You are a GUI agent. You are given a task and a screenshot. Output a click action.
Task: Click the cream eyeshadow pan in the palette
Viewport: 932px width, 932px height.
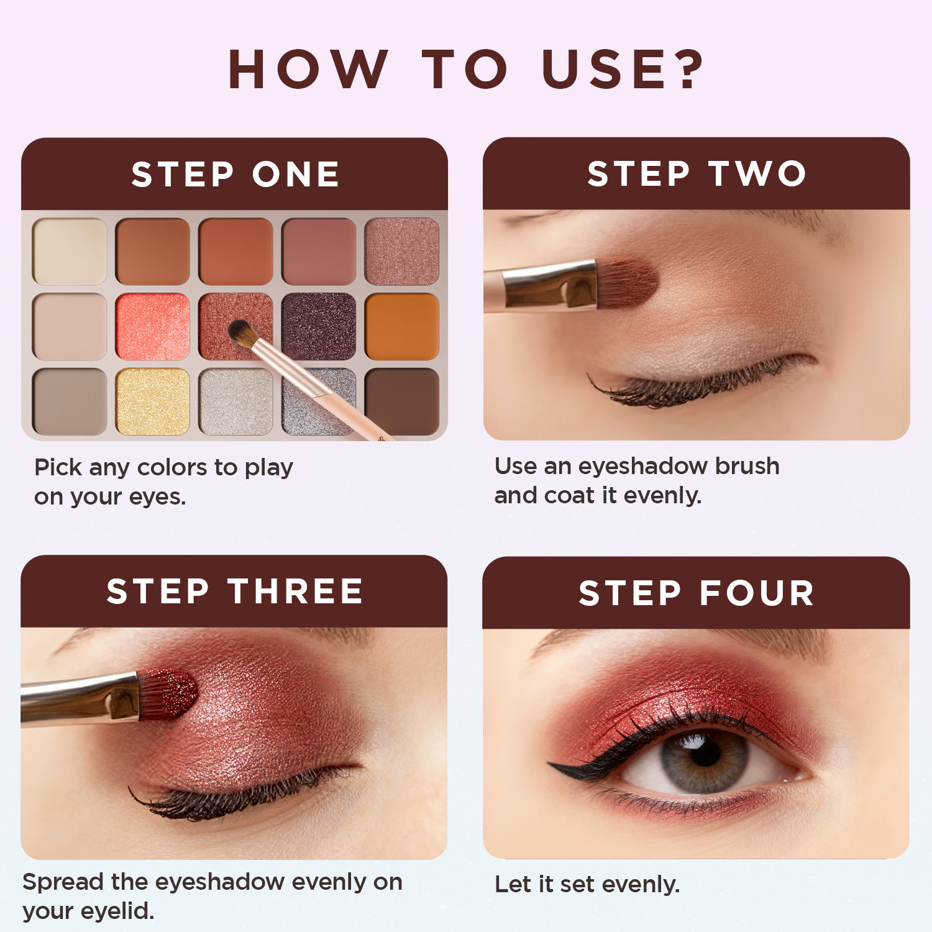tap(70, 251)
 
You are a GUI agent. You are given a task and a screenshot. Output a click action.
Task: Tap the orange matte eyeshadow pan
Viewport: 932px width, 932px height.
tap(402, 326)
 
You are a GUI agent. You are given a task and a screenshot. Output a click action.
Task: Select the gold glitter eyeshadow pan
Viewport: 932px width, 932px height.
tap(152, 401)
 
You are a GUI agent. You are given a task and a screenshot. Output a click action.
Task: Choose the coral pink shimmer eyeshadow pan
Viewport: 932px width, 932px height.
tap(152, 326)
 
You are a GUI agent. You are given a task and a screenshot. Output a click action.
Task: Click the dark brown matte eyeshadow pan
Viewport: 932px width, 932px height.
tap(402, 401)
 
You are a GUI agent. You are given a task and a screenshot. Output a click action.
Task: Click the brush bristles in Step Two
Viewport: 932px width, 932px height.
tap(628, 283)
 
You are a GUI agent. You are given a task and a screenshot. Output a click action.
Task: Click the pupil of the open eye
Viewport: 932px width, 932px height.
tap(705, 753)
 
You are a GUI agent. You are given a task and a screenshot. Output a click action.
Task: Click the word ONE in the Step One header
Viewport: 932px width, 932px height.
tap(296, 174)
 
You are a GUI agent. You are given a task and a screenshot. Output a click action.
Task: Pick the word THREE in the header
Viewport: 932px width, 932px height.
tap(296, 591)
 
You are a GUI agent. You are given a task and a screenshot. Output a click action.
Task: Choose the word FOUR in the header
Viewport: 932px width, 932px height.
tap(757, 593)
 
